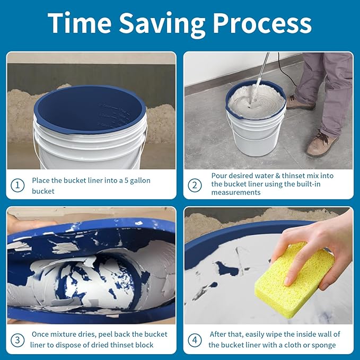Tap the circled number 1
tap(17, 185)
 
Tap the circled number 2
tap(195, 185)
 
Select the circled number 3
tap(17, 339)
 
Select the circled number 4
tap(195, 339)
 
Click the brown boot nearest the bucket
tap(300, 102)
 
